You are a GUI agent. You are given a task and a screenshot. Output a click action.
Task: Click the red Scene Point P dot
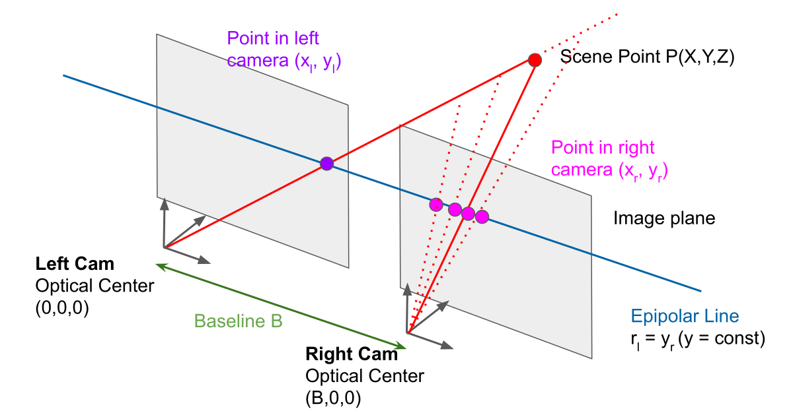[535, 60]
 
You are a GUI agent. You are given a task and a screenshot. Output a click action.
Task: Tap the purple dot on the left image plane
[326, 164]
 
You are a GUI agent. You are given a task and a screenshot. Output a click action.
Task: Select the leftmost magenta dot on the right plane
[435, 205]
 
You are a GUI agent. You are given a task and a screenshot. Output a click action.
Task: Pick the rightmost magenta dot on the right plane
[482, 216]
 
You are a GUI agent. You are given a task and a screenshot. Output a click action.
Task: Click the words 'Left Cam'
[75, 265]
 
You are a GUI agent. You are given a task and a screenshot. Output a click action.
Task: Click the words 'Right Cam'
[352, 354]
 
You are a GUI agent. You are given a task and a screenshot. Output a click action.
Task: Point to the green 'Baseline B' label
[239, 321]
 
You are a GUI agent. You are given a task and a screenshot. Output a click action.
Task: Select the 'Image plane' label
[664, 218]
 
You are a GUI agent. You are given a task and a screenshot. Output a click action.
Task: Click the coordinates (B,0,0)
[332, 398]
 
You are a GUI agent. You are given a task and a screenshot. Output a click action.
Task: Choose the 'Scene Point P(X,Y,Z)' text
[647, 57]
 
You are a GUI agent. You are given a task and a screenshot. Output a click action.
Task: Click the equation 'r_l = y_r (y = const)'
[697, 339]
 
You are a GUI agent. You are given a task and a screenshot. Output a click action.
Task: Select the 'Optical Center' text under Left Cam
[95, 286]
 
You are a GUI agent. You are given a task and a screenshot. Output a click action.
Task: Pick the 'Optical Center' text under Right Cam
[365, 376]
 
